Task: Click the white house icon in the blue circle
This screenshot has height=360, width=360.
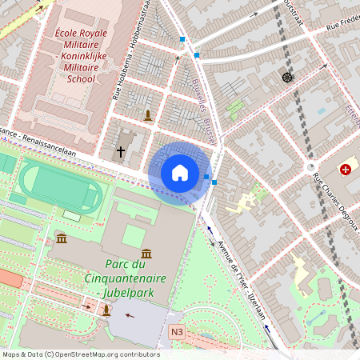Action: pyautogui.click(x=179, y=173)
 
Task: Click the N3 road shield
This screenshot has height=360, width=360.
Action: pyautogui.click(x=177, y=331)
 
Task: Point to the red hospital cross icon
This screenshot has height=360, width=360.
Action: pyautogui.click(x=346, y=170)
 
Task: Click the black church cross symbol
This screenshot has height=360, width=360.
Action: pyautogui.click(x=122, y=151)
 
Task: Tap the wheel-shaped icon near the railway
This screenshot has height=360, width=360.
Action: pyautogui.click(x=287, y=77)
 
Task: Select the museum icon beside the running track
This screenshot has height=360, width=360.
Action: pyautogui.click(x=62, y=238)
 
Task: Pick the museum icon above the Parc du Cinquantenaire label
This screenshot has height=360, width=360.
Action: pyautogui.click(x=146, y=253)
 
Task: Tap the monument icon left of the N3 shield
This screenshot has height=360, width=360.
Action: pyautogui.click(x=106, y=311)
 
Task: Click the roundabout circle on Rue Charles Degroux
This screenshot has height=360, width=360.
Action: pyautogui.click(x=311, y=167)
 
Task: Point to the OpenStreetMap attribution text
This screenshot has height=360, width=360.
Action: pyautogui.click(x=80, y=354)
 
